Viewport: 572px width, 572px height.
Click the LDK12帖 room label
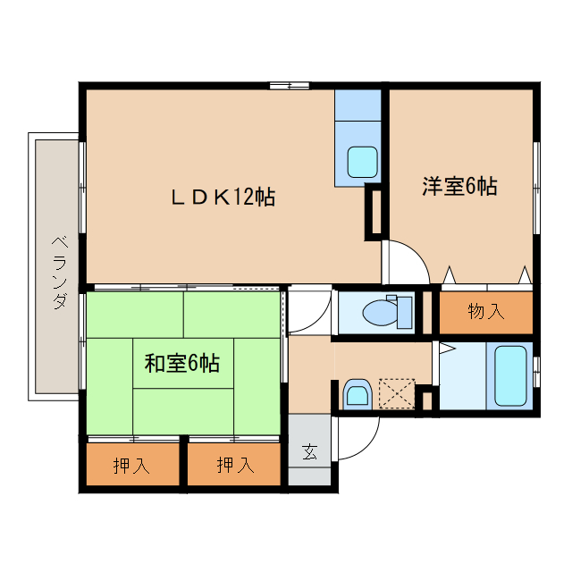coord(223,197)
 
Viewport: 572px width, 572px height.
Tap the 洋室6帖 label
coord(459,187)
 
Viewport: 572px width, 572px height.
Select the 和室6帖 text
coord(182,363)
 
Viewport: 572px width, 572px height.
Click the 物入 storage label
coord(485,312)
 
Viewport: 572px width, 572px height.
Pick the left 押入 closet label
coord(131,465)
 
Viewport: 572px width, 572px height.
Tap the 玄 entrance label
coord(308,451)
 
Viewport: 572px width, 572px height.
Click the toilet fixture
coord(383,311)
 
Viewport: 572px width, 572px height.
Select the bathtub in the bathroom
coord(510,374)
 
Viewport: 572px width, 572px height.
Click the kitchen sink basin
coord(362,162)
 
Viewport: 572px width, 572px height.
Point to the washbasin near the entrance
coord(357,393)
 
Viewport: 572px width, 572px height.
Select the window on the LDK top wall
coord(289,86)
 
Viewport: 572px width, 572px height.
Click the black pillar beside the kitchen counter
coord(374,212)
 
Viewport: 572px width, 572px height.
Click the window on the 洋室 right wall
coord(536,188)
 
